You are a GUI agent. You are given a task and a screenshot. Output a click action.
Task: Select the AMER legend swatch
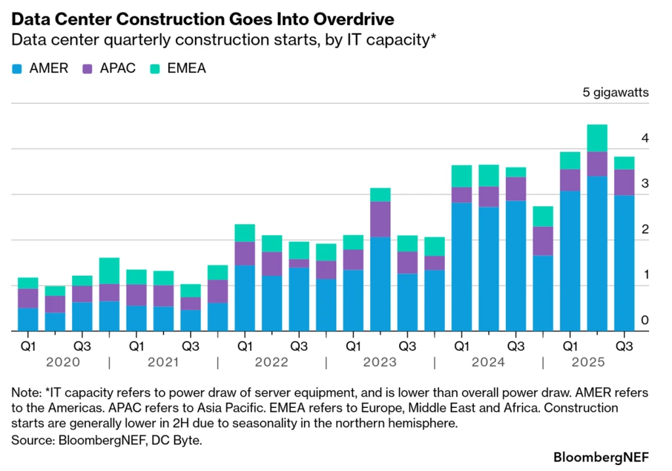[x=18, y=68]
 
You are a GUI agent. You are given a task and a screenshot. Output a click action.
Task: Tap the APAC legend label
[x=118, y=68]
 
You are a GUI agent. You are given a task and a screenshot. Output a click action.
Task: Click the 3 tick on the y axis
[x=644, y=184]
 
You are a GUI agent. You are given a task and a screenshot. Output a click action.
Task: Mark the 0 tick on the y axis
[x=644, y=321]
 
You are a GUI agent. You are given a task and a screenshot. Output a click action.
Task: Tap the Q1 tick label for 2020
[x=28, y=345]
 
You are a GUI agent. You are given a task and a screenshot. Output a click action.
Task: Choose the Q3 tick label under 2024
[x=515, y=345]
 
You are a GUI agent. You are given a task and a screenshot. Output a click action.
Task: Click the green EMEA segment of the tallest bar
[x=597, y=138]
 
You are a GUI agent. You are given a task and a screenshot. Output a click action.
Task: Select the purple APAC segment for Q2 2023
[x=380, y=219]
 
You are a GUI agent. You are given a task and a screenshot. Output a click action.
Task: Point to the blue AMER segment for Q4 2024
[x=542, y=293]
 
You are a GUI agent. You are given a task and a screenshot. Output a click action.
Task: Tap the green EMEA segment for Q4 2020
[x=109, y=271]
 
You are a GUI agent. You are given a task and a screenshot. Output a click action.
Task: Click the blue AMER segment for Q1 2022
[x=245, y=298]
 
